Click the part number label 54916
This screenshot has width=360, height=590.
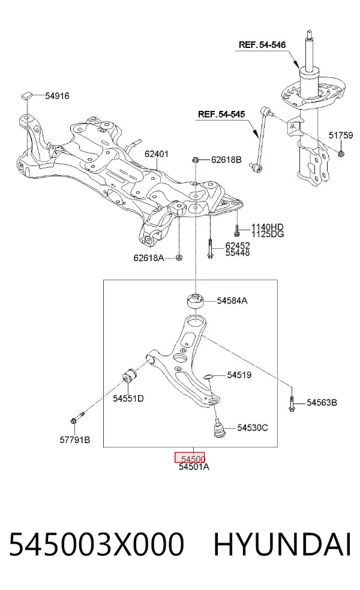tap(57, 96)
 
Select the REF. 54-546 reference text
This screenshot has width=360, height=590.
tap(262, 45)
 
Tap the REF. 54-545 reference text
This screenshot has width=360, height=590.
tap(221, 114)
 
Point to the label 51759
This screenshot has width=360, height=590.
tap(340, 136)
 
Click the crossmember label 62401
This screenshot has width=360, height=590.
tap(157, 154)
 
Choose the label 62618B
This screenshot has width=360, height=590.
tap(226, 159)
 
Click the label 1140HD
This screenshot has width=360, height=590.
tap(268, 227)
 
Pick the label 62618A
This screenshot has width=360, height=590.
tap(149, 258)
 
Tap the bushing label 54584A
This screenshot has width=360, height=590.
tap(232, 300)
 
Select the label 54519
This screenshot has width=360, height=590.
tap(239, 375)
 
